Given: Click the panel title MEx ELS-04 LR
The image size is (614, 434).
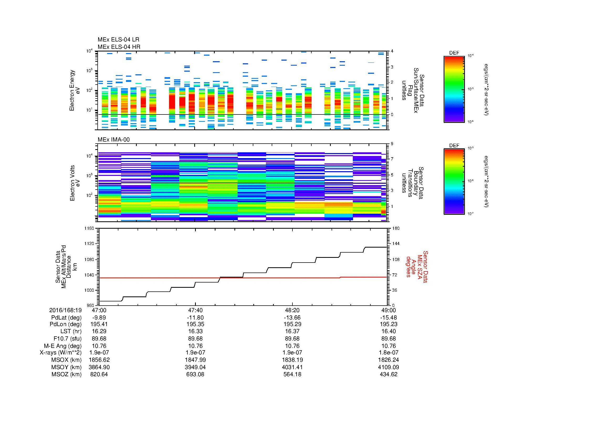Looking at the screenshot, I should point(118,40).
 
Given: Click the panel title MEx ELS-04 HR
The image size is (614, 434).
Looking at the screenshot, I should point(119,47).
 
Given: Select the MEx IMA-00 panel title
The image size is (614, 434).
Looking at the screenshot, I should point(113,140).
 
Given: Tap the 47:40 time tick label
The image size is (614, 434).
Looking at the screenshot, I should point(195,310).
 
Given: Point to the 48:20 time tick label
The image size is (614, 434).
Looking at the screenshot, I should point(292,310).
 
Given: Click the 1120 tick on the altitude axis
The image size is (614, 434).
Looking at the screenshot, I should point(89,244).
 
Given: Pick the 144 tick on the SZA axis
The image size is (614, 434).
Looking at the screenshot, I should point(396,244).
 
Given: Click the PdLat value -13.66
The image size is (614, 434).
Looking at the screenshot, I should point(292,317).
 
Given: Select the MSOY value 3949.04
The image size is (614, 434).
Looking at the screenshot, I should point(195,367).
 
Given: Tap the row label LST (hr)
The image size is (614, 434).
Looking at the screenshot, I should point(71,332).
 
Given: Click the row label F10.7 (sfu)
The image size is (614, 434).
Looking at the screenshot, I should point(67,338).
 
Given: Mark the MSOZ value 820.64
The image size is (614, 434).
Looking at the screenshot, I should point(99,374).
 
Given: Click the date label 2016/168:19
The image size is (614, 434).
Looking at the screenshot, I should point(65,310).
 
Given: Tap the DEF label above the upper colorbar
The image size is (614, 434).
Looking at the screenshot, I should point(454,53).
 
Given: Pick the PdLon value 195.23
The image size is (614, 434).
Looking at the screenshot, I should point(388,324).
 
